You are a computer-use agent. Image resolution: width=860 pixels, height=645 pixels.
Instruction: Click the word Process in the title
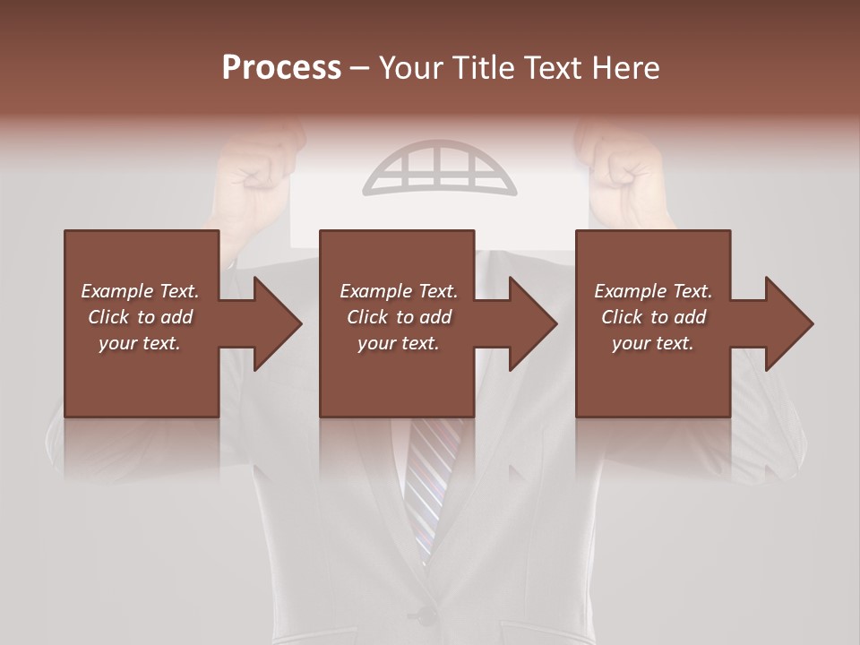[x=281, y=68]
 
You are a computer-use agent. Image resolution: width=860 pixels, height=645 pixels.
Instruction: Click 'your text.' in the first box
[x=140, y=343]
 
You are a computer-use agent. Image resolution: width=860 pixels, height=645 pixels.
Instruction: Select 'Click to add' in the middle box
[x=399, y=317]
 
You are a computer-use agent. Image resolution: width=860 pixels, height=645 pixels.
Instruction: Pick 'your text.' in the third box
[x=653, y=343]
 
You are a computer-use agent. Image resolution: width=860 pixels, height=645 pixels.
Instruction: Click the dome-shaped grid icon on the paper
[x=440, y=168]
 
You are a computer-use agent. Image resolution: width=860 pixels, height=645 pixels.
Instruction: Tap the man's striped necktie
[x=429, y=484]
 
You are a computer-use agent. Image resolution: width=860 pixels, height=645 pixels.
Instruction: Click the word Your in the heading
[x=410, y=68]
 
